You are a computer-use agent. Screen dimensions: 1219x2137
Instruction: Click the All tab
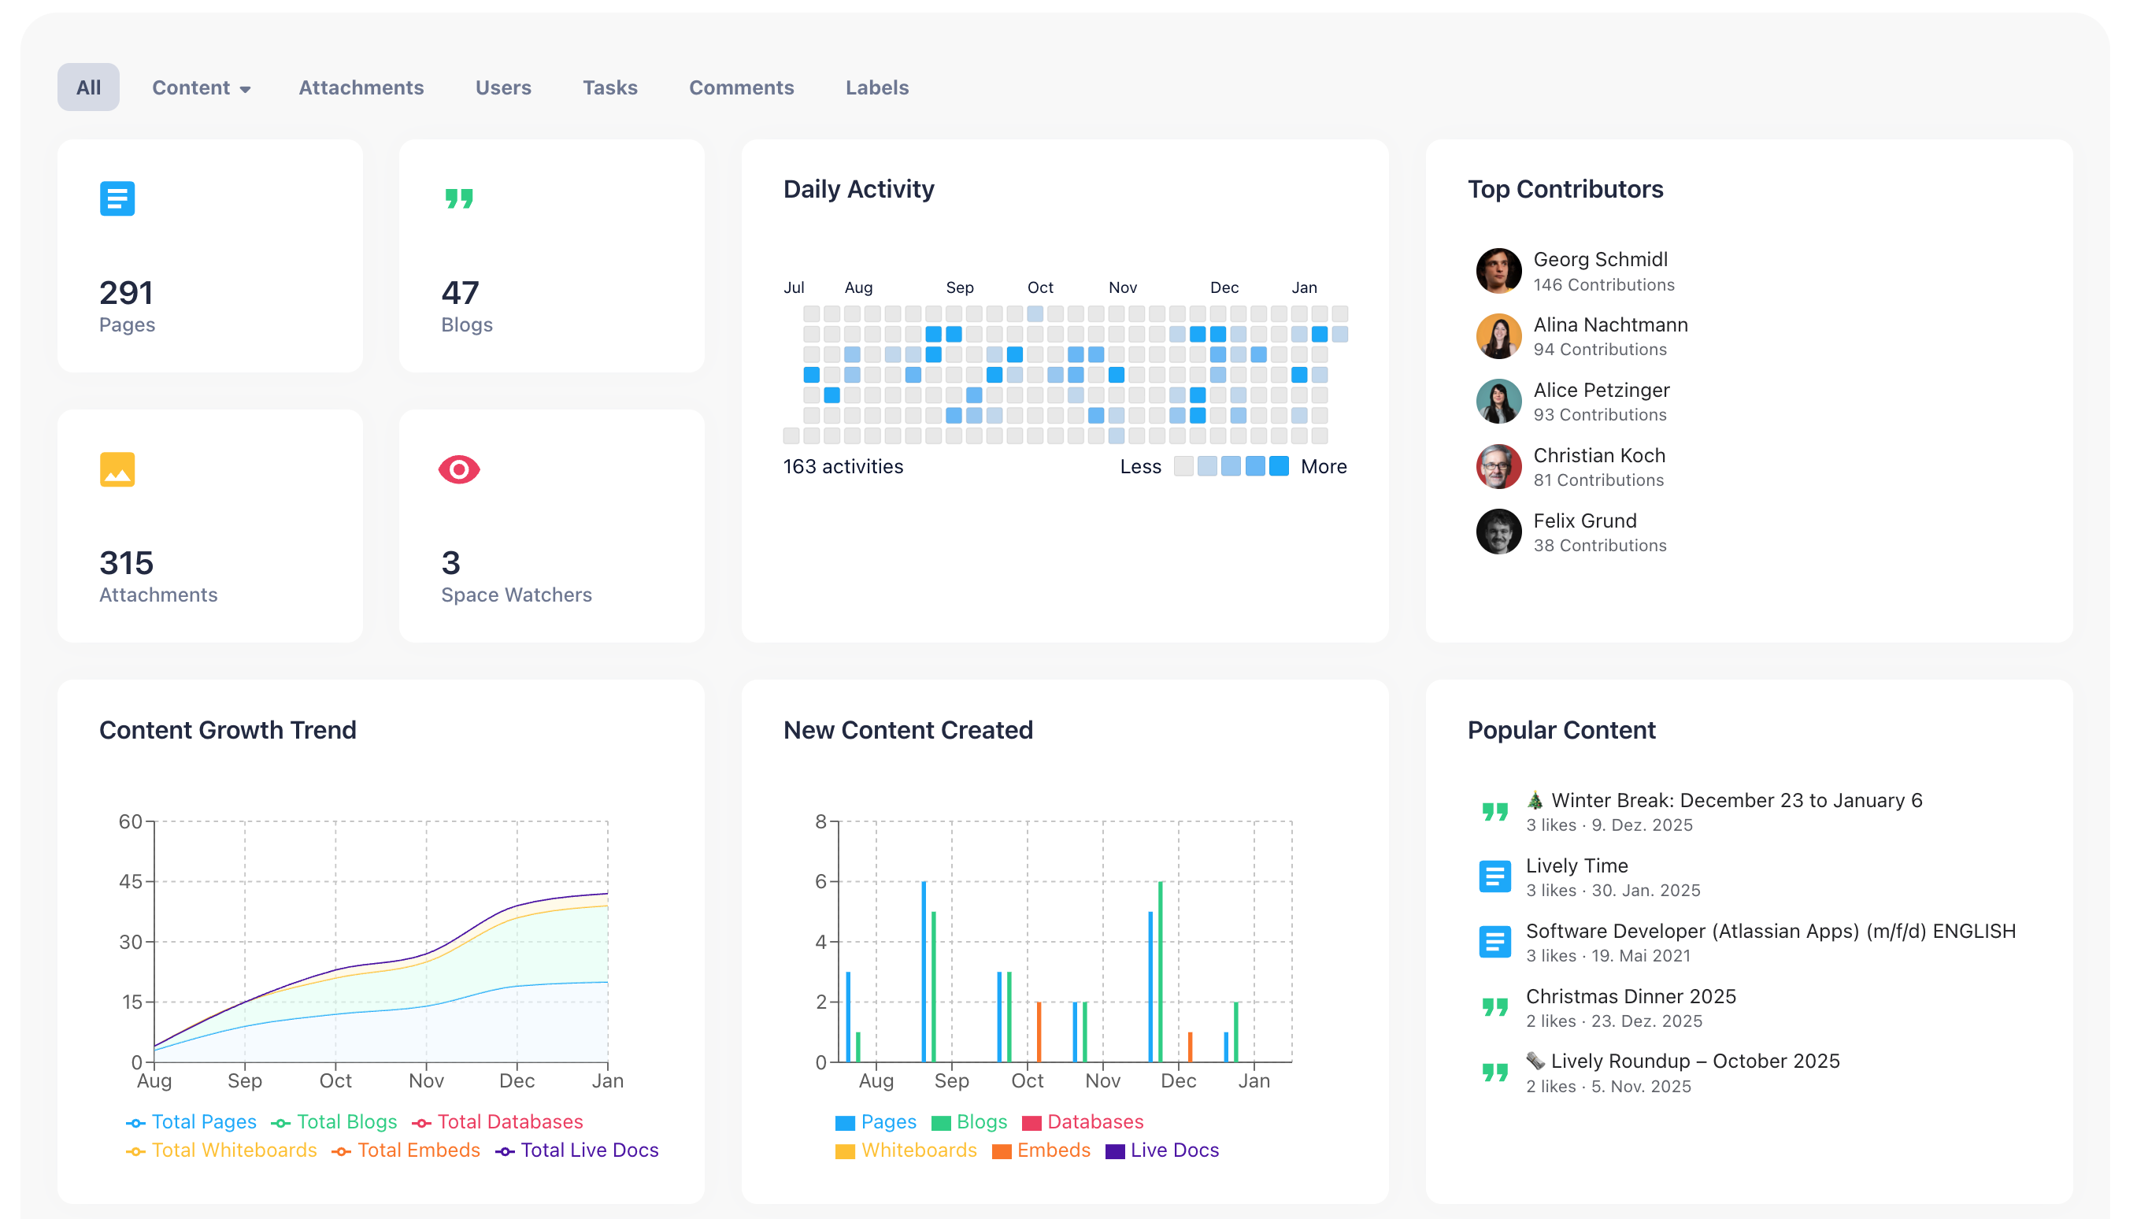tap(88, 87)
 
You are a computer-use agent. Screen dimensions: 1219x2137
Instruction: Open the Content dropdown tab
tap(201, 88)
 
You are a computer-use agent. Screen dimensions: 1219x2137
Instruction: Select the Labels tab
tap(876, 88)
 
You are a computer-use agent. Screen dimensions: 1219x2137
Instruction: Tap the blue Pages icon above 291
tap(117, 199)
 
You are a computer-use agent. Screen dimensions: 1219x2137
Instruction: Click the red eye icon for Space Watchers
tap(459, 469)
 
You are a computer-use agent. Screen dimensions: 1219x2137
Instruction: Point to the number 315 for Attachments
tap(127, 562)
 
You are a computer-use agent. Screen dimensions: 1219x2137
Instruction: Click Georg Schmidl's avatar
tap(1498, 270)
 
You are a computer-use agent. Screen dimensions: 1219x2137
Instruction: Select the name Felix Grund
tap(1584, 521)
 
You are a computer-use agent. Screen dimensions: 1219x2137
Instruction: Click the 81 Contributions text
tap(1598, 480)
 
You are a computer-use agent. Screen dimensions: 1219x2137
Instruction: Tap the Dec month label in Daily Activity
tap(1224, 288)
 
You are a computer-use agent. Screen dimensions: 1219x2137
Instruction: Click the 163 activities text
tap(843, 466)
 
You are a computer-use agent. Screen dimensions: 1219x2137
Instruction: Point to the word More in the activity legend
tap(1324, 466)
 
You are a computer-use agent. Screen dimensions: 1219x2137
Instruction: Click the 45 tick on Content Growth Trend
tap(131, 882)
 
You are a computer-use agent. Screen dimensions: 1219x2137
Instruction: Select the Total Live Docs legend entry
tap(588, 1150)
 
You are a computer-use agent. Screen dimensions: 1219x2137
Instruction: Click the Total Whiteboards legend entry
tap(234, 1150)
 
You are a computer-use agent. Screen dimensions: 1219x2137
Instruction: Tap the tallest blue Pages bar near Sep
tap(924, 971)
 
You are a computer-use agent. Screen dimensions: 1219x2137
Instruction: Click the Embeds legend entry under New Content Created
tap(1053, 1150)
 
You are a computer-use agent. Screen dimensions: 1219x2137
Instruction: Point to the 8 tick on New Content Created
tap(821, 821)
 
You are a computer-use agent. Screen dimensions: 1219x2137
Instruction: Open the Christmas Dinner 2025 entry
tap(1631, 996)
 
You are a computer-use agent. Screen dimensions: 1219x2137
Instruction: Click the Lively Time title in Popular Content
tap(1577, 865)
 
